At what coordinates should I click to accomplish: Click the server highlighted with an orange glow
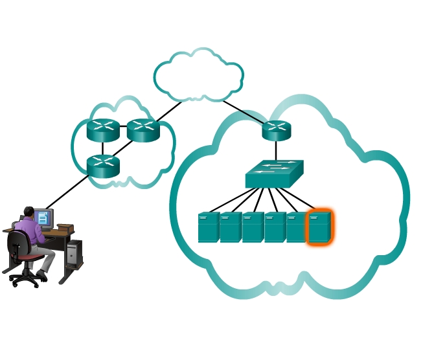[319, 227]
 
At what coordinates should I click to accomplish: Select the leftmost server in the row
[209, 227]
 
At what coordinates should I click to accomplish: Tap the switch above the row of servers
[274, 174]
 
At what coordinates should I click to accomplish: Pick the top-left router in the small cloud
[104, 130]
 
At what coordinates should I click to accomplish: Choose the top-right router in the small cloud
[143, 130]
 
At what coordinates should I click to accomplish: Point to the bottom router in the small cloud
[104, 166]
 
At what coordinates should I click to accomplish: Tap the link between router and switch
[277, 150]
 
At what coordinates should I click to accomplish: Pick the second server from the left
[231, 227]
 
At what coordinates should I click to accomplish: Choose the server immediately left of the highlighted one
[297, 227]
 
